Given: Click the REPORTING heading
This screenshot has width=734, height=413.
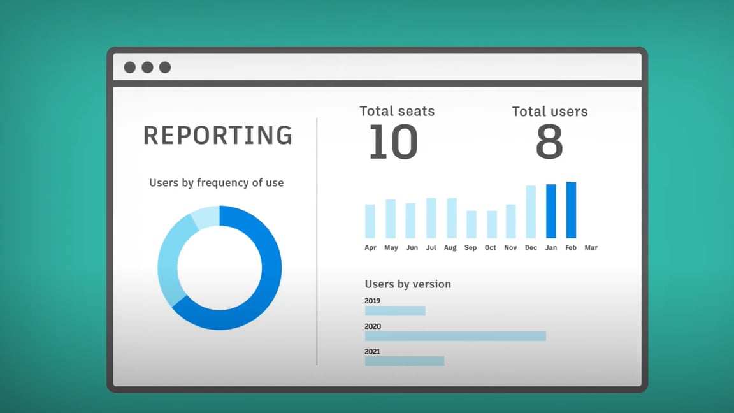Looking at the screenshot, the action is click(218, 135).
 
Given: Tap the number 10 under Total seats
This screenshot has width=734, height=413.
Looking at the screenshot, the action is click(393, 141).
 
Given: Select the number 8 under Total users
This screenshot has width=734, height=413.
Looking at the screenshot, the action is click(549, 141).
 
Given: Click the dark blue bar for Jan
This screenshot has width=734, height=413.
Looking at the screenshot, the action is click(551, 211).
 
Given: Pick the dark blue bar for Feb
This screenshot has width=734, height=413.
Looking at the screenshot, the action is click(571, 210).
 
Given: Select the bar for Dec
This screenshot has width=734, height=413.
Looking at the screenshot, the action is click(531, 212).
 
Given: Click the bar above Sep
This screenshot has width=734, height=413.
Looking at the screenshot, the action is click(471, 224).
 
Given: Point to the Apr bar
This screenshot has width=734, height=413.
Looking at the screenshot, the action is click(370, 221).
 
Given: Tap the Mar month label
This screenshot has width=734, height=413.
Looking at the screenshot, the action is click(591, 247).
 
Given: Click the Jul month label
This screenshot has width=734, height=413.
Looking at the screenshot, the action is click(431, 247).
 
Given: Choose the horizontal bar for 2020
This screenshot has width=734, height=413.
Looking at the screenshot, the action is click(456, 336).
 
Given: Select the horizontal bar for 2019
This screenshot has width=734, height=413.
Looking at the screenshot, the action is click(395, 310).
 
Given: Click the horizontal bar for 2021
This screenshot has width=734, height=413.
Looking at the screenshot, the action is click(405, 361).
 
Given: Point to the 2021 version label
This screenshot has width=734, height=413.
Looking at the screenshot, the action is click(372, 351).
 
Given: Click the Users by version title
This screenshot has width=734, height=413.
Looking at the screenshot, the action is click(408, 284).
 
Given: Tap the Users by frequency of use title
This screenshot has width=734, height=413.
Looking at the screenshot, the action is click(216, 183).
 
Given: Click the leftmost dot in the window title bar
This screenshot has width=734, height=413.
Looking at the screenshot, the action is click(130, 68).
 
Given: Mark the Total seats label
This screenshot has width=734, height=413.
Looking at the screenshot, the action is click(397, 111).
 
